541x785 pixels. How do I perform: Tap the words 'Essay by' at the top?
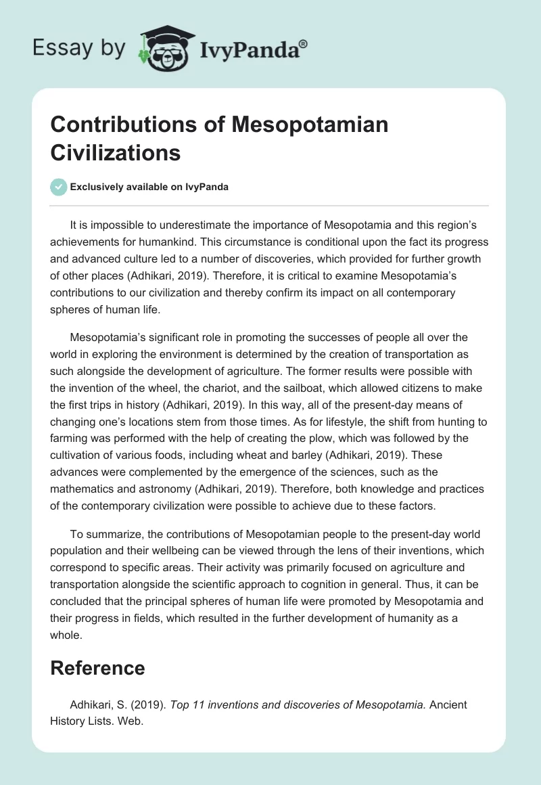click(79, 48)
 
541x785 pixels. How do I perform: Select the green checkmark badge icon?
click(58, 187)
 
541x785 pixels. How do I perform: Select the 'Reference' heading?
click(97, 668)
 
